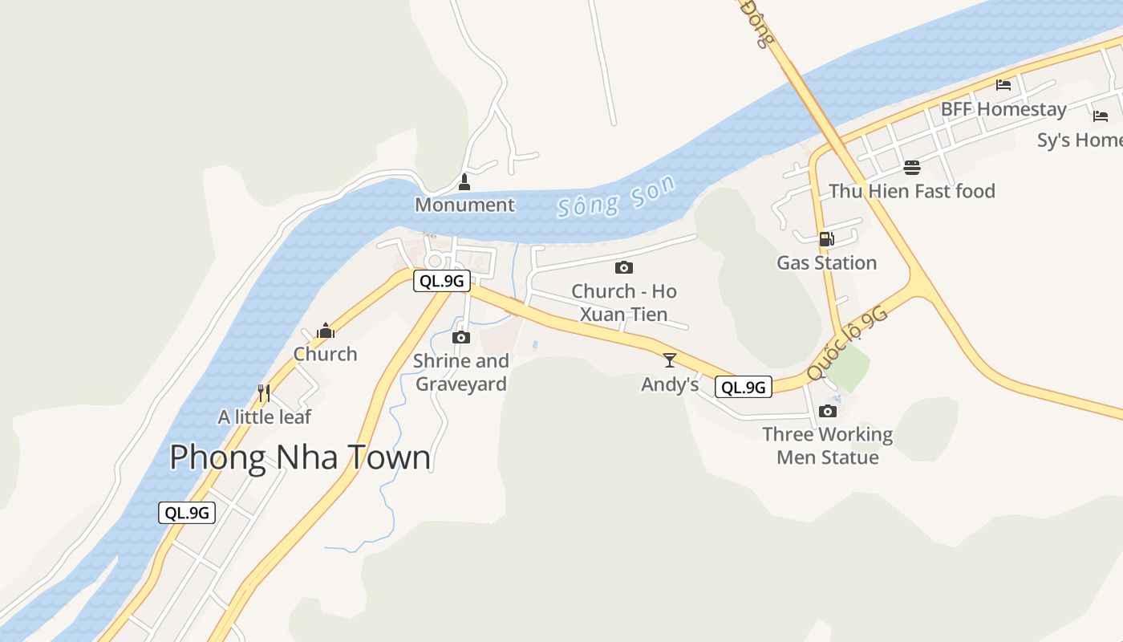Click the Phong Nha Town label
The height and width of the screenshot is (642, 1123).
[300, 457]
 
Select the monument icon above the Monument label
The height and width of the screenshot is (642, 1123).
[464, 183]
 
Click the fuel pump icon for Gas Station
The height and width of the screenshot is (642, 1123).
[826, 238]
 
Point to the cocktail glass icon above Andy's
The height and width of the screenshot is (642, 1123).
[670, 360]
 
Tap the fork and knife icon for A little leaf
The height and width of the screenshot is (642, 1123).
[263, 392]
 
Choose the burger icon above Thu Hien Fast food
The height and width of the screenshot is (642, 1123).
[911, 167]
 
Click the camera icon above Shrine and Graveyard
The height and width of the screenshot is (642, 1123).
[460, 337]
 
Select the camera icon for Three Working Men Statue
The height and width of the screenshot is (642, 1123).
[827, 411]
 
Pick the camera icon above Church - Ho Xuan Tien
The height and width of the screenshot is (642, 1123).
[623, 267]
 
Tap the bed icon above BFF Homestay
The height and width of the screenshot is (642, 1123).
[1003, 85]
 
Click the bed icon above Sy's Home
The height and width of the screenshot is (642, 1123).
[1100, 116]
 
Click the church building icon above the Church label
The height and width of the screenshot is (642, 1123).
[325, 330]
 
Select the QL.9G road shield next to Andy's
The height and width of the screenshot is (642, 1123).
[743, 387]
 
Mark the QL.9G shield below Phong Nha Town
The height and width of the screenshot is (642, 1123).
[187, 512]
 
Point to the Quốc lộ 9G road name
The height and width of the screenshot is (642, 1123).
[848, 343]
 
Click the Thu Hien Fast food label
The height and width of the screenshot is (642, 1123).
[911, 191]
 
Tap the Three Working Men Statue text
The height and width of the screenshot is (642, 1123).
[827, 445]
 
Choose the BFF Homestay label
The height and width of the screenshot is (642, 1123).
[1003, 109]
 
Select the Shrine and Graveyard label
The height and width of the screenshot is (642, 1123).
[460, 372]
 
